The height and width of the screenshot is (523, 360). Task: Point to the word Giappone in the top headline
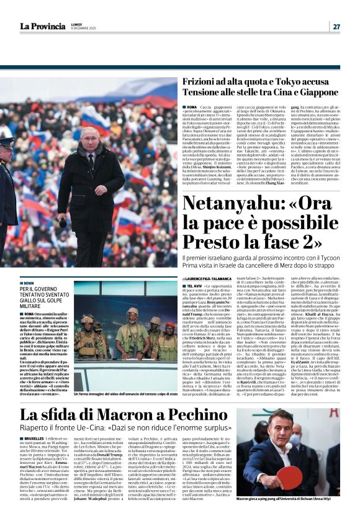pos(317,93)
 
